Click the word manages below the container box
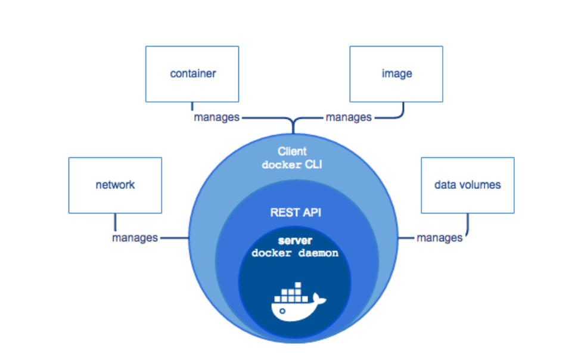(217, 117)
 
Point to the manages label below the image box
(349, 117)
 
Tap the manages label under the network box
(135, 238)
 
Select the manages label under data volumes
(439, 238)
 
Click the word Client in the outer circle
(292, 151)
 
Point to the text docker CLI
(292, 165)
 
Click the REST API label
(296, 212)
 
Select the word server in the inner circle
(296, 241)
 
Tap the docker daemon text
(295, 253)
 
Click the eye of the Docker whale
(282, 311)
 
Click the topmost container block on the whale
(298, 285)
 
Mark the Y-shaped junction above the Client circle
(293, 122)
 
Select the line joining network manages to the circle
(175, 238)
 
